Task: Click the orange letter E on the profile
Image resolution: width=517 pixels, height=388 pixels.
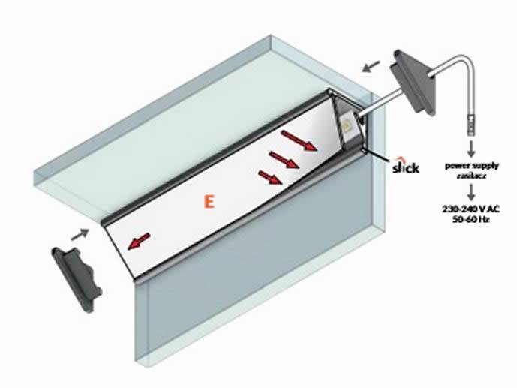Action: coord(209,202)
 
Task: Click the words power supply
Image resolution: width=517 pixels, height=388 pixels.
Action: coord(472,166)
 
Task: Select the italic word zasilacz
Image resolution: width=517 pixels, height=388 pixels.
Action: coord(471,176)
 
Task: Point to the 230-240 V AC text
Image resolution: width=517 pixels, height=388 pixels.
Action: coord(471,209)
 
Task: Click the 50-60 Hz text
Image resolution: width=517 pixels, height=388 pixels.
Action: coord(471,219)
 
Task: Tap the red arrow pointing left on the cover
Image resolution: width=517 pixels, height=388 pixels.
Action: coord(139,241)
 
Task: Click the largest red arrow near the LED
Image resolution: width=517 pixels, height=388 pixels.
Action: coord(299,140)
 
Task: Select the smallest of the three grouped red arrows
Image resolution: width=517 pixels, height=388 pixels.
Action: coord(270,177)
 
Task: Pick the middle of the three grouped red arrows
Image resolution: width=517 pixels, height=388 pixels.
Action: coord(284,160)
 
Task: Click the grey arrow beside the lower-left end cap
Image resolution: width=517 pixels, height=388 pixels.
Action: coord(80,234)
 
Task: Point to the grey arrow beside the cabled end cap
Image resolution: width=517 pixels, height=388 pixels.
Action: coord(371,66)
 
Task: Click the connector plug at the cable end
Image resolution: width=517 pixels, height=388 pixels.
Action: coord(471,125)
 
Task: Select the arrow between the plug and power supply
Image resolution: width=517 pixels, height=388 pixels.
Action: coord(472,149)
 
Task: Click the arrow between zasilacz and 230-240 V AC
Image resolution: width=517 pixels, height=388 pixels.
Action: coord(472,192)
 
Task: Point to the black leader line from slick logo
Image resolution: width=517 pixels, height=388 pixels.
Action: coord(380,156)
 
